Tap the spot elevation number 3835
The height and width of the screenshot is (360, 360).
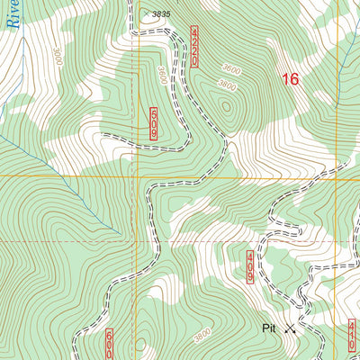[x=160, y=14]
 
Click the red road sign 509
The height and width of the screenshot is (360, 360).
[x=154, y=122]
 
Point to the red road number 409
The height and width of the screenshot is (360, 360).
[x=249, y=267]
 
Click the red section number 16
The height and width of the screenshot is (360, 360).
[x=289, y=79]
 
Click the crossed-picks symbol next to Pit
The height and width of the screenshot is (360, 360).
[x=290, y=329]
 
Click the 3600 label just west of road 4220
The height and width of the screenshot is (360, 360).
[x=161, y=76]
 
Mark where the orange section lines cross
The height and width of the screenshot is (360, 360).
[x=138, y=177]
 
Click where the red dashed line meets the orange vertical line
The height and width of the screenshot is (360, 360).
[x=138, y=241]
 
